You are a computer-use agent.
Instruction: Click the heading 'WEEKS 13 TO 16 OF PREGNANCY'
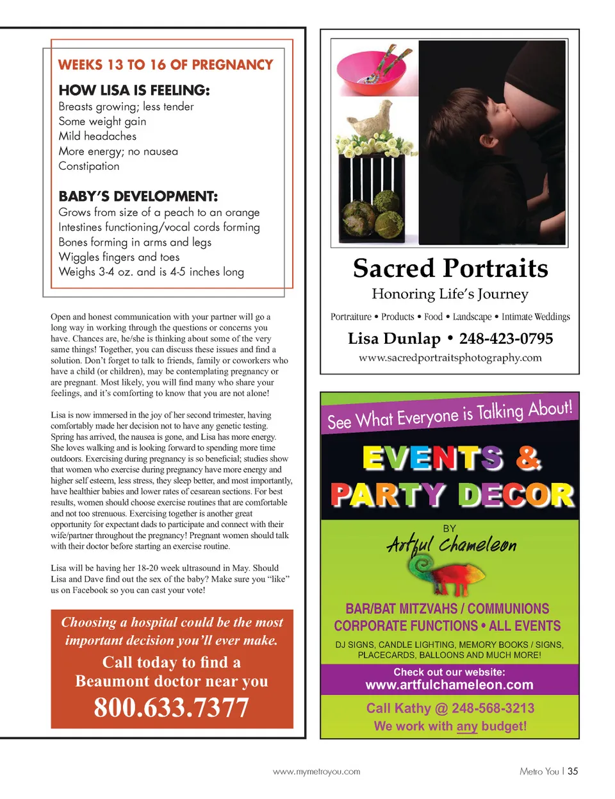point(165,65)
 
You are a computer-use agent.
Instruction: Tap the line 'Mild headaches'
point(97,136)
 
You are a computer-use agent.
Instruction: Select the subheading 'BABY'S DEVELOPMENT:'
point(138,196)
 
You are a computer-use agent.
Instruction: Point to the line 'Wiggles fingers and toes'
point(119,257)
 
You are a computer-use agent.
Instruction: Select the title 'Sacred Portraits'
point(450,268)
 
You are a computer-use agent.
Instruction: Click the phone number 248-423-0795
point(506,339)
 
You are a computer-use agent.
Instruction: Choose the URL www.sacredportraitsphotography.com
point(450,358)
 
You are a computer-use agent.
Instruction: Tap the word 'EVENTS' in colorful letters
point(432,458)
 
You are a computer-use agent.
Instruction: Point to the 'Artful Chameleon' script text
point(451,545)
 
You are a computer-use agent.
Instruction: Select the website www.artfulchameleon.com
point(449,685)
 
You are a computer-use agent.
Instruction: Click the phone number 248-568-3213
point(493,708)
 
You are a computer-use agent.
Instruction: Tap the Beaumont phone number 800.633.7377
point(171,708)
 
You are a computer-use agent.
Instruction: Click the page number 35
point(573,771)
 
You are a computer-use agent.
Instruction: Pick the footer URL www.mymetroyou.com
point(316,772)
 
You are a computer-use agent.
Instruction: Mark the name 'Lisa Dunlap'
point(394,339)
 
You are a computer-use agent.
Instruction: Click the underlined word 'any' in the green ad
point(467,727)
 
